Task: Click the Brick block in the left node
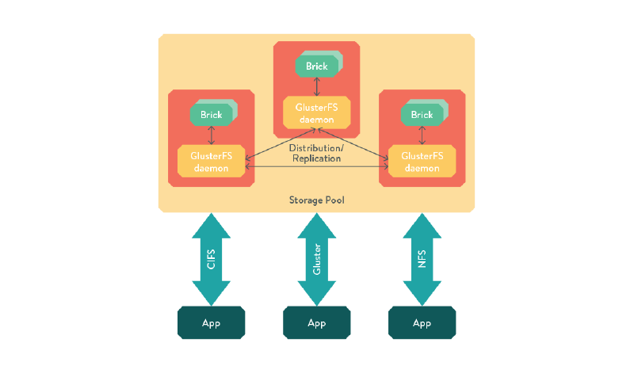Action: [211, 115]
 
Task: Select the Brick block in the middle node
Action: [316, 67]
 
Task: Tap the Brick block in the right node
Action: [422, 115]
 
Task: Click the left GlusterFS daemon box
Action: [211, 162]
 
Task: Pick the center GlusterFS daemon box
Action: [316, 113]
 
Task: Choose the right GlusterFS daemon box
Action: [422, 162]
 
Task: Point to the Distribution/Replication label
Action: [315, 153]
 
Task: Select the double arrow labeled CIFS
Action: [211, 259]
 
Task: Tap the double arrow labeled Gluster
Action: [316, 259]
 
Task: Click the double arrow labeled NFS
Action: [422, 259]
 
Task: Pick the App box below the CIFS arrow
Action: [211, 323]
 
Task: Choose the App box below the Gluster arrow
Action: [316, 323]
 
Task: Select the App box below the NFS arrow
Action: [422, 323]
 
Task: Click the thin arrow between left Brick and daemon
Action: [211, 135]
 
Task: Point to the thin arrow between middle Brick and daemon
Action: [316, 87]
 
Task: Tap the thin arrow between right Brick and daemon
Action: [422, 135]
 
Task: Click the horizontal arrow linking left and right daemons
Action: [316, 166]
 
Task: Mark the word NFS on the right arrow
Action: [422, 259]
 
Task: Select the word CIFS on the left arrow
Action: [211, 259]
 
